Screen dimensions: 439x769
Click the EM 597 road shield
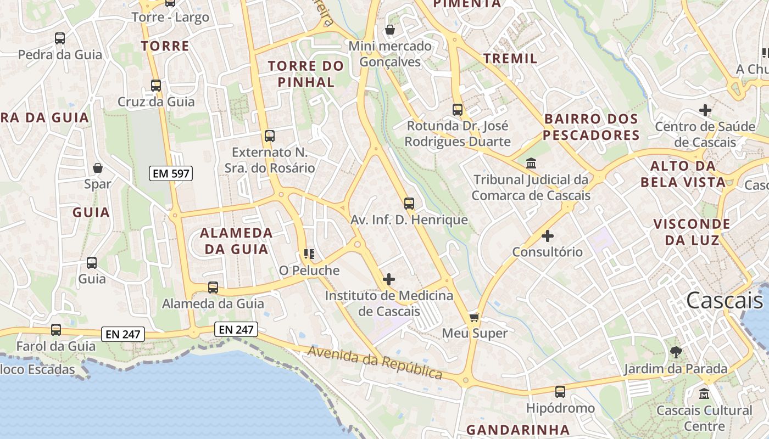point(171,174)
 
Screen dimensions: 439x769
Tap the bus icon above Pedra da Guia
point(60,38)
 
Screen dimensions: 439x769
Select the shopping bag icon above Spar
point(98,168)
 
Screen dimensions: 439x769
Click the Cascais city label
point(725,300)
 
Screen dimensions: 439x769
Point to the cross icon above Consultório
point(548,236)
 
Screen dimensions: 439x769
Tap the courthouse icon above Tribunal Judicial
point(531,164)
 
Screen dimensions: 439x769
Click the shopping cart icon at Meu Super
point(475,317)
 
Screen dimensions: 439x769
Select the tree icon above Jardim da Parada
point(676,352)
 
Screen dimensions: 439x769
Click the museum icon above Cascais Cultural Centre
point(704,394)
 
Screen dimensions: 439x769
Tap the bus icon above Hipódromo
point(560,392)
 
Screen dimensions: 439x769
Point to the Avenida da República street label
point(375,363)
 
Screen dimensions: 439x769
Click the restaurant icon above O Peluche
point(309,254)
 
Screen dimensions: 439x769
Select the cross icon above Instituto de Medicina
point(389,279)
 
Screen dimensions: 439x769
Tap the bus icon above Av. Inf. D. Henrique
point(409,204)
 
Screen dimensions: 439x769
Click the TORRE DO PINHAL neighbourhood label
point(306,74)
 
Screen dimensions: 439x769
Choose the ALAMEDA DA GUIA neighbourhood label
point(236,241)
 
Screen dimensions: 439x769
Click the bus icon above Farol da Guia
point(56,330)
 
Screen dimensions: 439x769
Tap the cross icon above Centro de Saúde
point(705,110)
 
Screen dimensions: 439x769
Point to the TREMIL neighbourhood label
point(510,58)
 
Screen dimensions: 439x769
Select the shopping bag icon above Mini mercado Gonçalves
point(390,29)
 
